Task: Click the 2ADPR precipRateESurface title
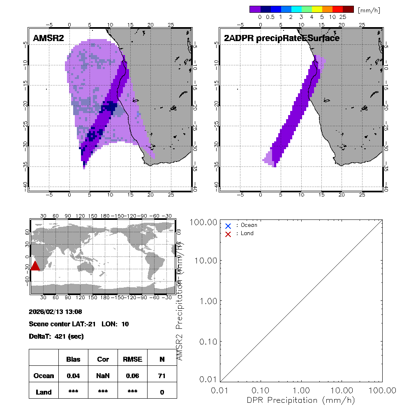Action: point(282,38)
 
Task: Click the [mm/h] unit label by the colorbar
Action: point(369,10)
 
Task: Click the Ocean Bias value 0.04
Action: point(73,376)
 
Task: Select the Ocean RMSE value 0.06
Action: point(132,376)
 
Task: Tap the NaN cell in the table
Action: point(103,376)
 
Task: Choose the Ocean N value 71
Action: point(162,376)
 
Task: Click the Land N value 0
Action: point(162,392)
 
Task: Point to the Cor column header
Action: point(103,359)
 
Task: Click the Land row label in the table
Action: point(44,392)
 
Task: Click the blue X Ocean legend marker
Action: point(228,226)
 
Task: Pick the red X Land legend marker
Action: point(228,234)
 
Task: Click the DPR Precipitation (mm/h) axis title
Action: point(301,400)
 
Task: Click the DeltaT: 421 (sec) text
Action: point(56,337)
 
